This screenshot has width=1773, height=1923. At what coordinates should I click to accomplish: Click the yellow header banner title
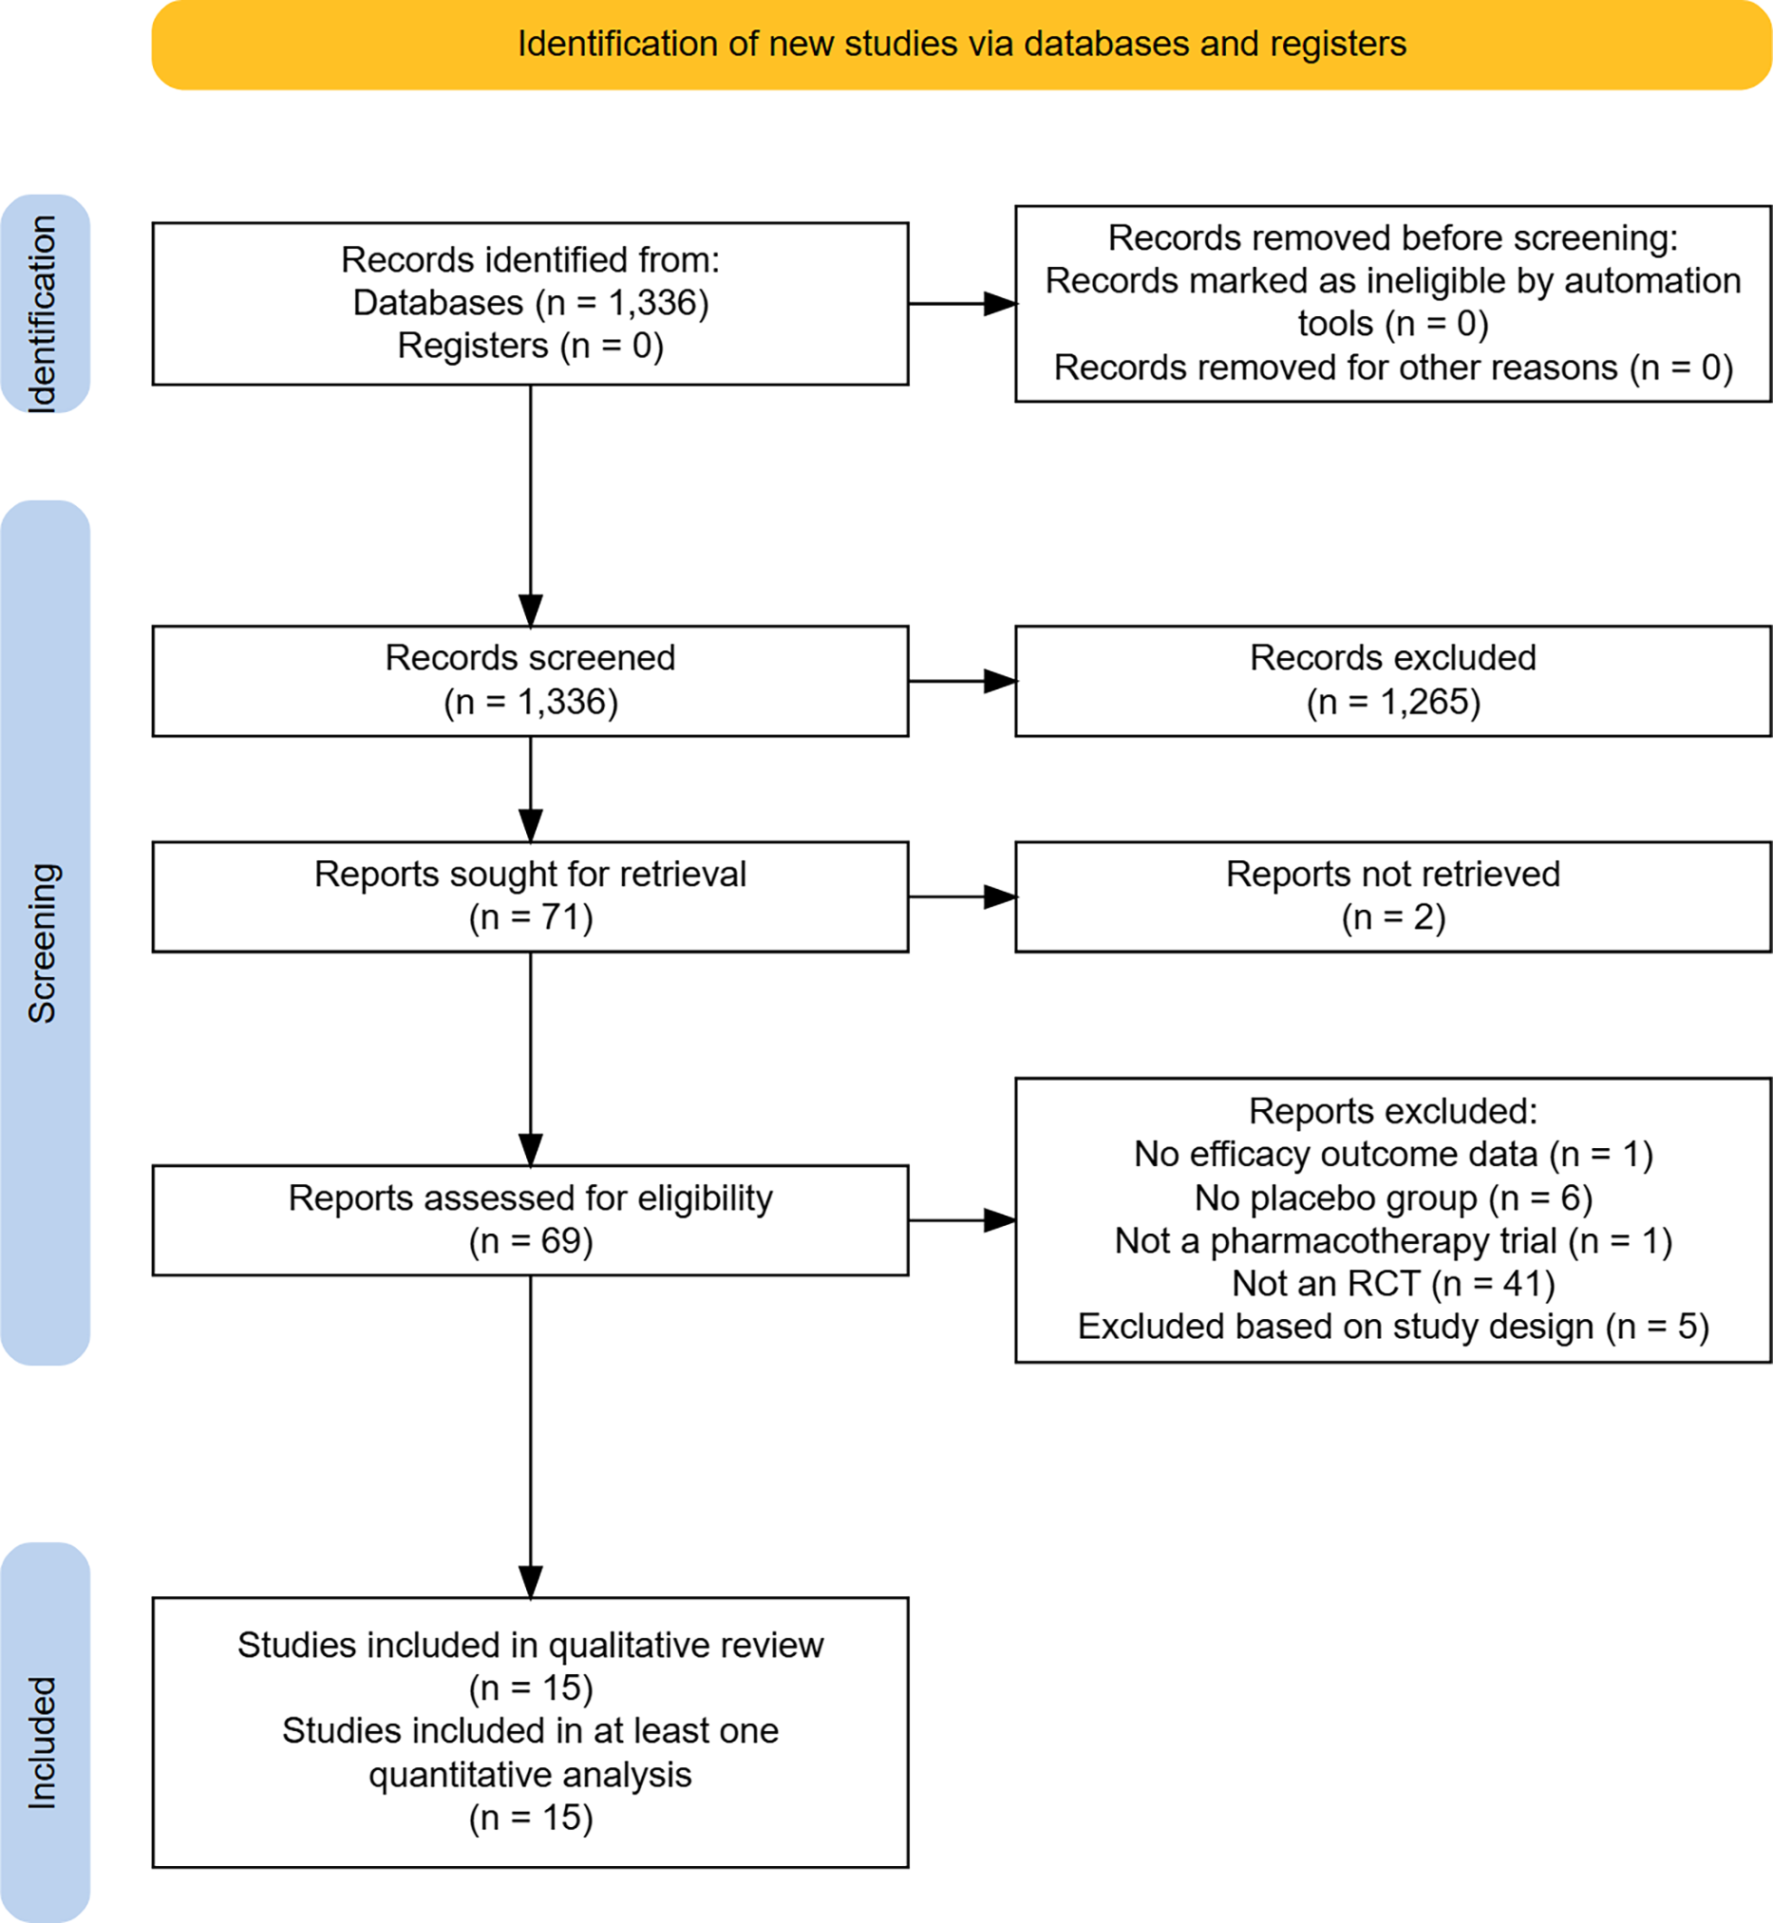point(961,44)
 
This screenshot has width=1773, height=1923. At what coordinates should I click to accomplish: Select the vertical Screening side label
point(43,943)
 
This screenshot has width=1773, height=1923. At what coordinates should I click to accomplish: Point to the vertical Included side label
point(43,1743)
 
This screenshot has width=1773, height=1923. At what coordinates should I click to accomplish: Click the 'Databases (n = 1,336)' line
point(531,303)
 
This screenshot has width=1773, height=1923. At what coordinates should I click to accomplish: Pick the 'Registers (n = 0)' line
point(531,346)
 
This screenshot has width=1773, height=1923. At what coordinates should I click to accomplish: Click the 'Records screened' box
point(531,681)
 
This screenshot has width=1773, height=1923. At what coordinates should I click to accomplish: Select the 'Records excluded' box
point(1393,681)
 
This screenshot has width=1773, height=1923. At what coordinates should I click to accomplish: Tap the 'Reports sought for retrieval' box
point(531,897)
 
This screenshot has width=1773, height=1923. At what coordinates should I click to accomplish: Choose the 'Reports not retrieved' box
point(1393,897)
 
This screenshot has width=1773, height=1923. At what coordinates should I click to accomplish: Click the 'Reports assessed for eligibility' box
point(531,1220)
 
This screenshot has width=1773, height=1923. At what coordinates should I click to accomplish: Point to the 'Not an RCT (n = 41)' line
point(1393,1284)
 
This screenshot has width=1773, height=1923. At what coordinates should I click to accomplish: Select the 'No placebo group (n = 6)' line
point(1393,1198)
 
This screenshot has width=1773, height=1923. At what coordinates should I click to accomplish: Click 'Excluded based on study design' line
point(1393,1327)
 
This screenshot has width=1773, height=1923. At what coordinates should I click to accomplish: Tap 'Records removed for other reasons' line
point(1393,368)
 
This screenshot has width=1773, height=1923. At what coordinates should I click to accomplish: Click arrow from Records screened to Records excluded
point(962,681)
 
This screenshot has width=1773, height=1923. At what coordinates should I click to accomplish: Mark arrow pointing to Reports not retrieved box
point(962,897)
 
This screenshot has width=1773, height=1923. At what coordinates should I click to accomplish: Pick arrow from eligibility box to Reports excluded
point(962,1220)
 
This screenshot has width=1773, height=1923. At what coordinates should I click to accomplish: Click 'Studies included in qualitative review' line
point(531,1646)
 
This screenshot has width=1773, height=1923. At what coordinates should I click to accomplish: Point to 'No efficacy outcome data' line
point(1393,1155)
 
